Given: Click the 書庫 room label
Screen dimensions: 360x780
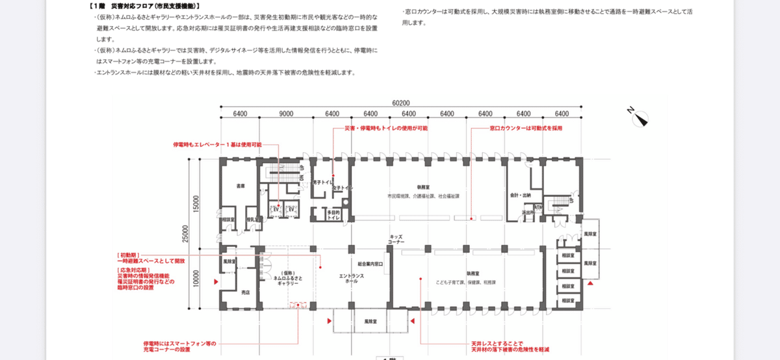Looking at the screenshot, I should coord(240,186).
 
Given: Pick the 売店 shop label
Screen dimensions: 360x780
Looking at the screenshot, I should coord(245,293).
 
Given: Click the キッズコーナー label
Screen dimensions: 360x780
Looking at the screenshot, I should coord(397,239).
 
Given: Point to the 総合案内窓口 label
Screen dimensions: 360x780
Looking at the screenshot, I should coord(370,264).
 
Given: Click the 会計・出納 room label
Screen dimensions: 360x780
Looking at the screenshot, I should coord(521,195).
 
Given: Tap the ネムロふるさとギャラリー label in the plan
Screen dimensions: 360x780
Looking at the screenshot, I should coord(288,278).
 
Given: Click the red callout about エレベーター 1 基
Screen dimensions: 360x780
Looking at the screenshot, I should coord(216,144).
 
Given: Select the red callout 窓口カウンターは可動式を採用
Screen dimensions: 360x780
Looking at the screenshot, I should coord(526,129).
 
